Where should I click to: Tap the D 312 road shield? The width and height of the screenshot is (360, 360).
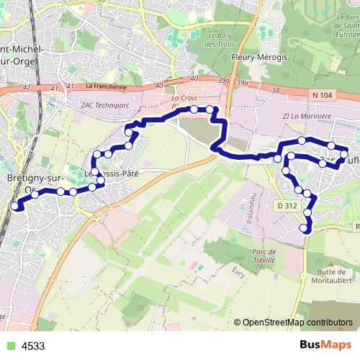click(x=287, y=205)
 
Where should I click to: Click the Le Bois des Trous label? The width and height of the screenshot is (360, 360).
click(x=222, y=40)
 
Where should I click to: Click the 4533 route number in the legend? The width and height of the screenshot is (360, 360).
click(x=33, y=346)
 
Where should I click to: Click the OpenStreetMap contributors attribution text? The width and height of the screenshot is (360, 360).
click(x=297, y=323)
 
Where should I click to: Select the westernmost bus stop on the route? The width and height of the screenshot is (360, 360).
click(x=14, y=206)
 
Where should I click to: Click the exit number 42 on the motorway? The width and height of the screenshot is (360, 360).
click(x=27, y=87)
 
